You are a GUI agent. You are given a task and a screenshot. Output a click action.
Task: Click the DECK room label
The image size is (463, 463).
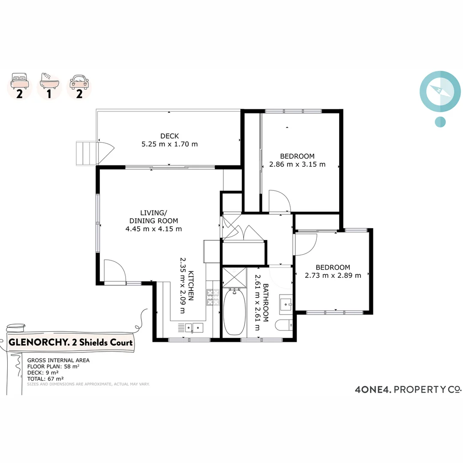pyautogui.click(x=169, y=136)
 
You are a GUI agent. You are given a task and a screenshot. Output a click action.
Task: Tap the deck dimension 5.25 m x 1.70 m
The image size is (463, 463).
pyautogui.click(x=169, y=144)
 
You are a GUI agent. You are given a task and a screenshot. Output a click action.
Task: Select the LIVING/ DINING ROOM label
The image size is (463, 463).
pyautogui.click(x=153, y=216)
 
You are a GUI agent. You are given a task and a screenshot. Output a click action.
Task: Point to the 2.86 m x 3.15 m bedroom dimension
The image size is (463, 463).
pyautogui.click(x=297, y=164)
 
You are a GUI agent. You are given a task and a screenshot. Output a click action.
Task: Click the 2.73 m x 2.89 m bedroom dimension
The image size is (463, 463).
pyautogui.click(x=333, y=275)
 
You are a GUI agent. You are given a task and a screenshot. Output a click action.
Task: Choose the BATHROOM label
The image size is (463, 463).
pyautogui.click(x=265, y=302)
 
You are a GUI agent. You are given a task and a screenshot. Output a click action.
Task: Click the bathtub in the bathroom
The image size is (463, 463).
pyautogui.click(x=234, y=312)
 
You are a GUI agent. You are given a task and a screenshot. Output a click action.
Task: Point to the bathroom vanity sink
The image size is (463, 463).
pyautogui.click(x=286, y=305)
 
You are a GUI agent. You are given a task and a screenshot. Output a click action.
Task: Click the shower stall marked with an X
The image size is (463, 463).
pyautogui.click(x=235, y=277)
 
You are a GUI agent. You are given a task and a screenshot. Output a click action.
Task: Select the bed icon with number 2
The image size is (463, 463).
pyautogui.click(x=19, y=86)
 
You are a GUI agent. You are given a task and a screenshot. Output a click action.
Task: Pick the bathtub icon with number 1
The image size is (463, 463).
pyautogui.click(x=49, y=86)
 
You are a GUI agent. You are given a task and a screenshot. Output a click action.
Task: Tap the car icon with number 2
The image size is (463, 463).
pyautogui.click(x=79, y=86)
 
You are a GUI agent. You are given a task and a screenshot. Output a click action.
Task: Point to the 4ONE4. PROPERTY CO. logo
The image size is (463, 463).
pyautogui.click(x=408, y=389)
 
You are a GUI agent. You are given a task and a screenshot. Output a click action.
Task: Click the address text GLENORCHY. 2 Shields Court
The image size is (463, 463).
pyautogui.click(x=71, y=343)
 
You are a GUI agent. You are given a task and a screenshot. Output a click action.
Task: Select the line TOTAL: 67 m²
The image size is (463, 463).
pyautogui.click(x=45, y=379)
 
